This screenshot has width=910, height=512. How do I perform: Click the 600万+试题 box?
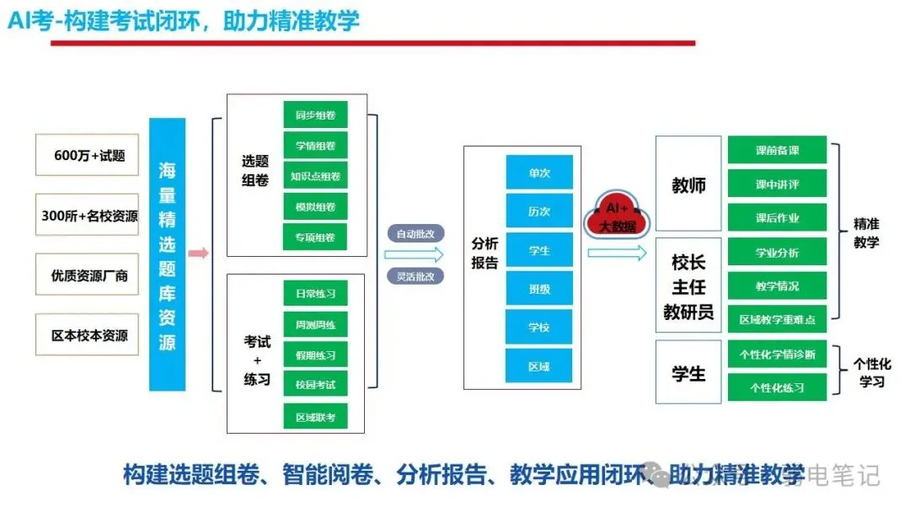(x=88, y=156)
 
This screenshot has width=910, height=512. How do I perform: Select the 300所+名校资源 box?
(x=88, y=216)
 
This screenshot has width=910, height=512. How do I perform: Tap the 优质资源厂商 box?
(x=88, y=275)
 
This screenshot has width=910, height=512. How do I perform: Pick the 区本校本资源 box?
(x=88, y=335)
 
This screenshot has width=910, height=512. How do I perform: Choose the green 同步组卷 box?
(x=315, y=115)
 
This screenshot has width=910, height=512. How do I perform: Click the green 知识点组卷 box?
(x=315, y=176)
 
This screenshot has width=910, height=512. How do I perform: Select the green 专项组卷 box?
(x=315, y=237)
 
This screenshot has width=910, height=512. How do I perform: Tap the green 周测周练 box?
(x=315, y=324)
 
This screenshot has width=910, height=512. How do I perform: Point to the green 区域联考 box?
(x=315, y=416)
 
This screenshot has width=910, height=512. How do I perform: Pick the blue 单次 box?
(x=539, y=172)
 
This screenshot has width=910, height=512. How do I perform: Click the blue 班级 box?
(x=539, y=288)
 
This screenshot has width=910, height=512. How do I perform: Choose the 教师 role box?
(x=688, y=185)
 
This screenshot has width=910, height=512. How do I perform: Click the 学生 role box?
(x=688, y=372)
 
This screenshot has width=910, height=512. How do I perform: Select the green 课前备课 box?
(x=777, y=151)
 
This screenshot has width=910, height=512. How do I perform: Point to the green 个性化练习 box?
(x=777, y=387)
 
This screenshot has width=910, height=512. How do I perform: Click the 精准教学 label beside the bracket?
(x=866, y=233)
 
